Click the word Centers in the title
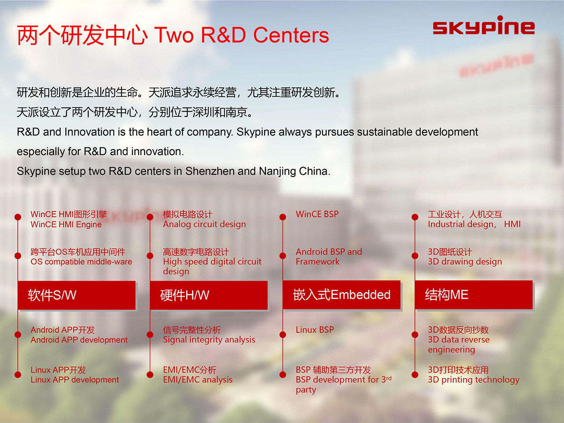tap(291, 35)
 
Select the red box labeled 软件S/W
tap(77, 295)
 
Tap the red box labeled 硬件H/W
tap(209, 295)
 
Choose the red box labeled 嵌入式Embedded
tap(342, 294)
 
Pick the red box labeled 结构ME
tap(473, 294)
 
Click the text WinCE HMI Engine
tap(66, 224)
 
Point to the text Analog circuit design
tap(204, 224)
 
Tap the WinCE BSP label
tap(317, 214)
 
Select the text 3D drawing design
tap(465, 262)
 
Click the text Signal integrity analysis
tap(209, 340)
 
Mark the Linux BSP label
tap(315, 330)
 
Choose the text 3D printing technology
tap(473, 380)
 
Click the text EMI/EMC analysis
tap(197, 379)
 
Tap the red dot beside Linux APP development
tap(18, 375)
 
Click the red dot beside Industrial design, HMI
tap(415, 217)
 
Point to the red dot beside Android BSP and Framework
tap(283, 256)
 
